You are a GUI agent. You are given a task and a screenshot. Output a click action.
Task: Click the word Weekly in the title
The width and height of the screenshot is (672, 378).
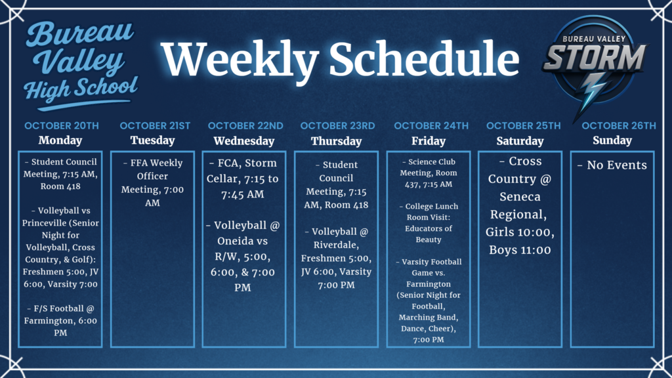click(240, 59)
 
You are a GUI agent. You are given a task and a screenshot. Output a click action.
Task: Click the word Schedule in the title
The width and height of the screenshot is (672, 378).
click(424, 59)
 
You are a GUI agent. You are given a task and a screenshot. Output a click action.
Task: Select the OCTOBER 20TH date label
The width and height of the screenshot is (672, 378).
click(61, 125)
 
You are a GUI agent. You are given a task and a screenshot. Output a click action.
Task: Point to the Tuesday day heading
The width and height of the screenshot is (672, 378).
click(152, 140)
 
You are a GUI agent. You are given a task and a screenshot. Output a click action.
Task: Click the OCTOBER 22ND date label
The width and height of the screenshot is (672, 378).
click(245, 125)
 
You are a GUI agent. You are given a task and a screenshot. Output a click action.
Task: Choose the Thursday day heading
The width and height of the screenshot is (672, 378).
click(336, 141)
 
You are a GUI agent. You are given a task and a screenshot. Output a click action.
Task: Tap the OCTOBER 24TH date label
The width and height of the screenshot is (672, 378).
click(431, 125)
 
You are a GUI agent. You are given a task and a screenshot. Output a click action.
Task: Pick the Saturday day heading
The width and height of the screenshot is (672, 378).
click(520, 141)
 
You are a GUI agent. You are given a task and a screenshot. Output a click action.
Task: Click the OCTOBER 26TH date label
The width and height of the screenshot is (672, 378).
click(618, 125)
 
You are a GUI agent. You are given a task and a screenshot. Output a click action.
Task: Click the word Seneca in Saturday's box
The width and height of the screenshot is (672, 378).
click(520, 197)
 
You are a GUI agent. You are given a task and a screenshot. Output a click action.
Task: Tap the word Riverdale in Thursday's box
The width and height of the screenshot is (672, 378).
click(336, 245)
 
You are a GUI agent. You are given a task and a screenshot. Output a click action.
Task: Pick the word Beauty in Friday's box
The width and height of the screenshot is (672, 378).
click(428, 240)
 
